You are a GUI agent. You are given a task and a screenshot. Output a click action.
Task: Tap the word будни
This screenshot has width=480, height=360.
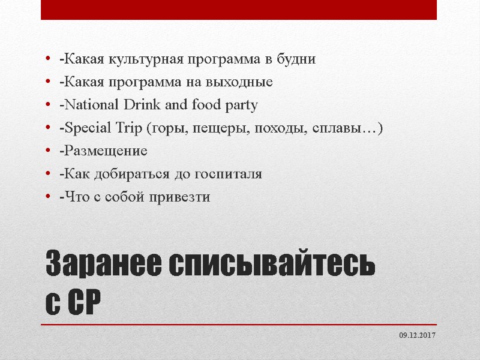coord(296,59)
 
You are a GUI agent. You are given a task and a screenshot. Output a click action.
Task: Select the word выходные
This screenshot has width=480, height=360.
coord(243,82)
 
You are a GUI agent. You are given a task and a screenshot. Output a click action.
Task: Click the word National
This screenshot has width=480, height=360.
coord(88,106)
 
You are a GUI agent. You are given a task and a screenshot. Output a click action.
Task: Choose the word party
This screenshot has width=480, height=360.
coord(241,106)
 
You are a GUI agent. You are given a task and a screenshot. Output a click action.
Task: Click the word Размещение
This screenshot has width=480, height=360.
coord(103,151)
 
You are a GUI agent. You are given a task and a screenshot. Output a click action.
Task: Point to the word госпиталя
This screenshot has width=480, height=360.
coord(229,174)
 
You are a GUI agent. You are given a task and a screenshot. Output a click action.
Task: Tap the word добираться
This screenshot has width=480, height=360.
coord(142,174)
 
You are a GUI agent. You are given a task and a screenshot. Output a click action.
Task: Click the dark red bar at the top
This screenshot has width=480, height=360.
coord(240,10)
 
